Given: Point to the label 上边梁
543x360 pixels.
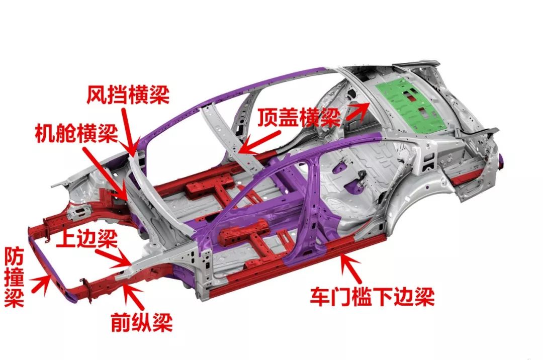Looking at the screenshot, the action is click(90, 238).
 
